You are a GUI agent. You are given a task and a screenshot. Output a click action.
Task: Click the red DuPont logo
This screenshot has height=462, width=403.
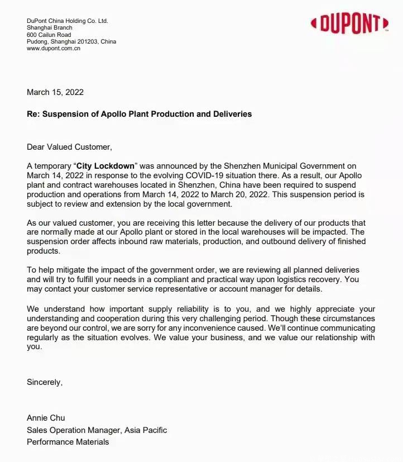point(349,23)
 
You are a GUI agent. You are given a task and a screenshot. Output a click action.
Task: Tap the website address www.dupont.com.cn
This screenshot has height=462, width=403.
point(54,49)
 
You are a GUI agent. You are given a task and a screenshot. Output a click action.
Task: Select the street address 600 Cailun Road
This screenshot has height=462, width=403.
point(49,35)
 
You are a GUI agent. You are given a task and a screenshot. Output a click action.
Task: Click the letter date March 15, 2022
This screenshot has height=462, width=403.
point(55,92)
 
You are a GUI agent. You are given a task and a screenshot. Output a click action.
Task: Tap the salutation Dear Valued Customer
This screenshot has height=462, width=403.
point(69,147)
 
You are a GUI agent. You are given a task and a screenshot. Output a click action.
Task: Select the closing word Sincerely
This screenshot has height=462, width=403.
point(45,383)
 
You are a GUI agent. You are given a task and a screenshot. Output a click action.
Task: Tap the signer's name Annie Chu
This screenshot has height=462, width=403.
point(46,418)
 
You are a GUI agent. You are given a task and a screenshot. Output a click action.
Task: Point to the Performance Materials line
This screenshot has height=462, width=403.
point(68,442)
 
